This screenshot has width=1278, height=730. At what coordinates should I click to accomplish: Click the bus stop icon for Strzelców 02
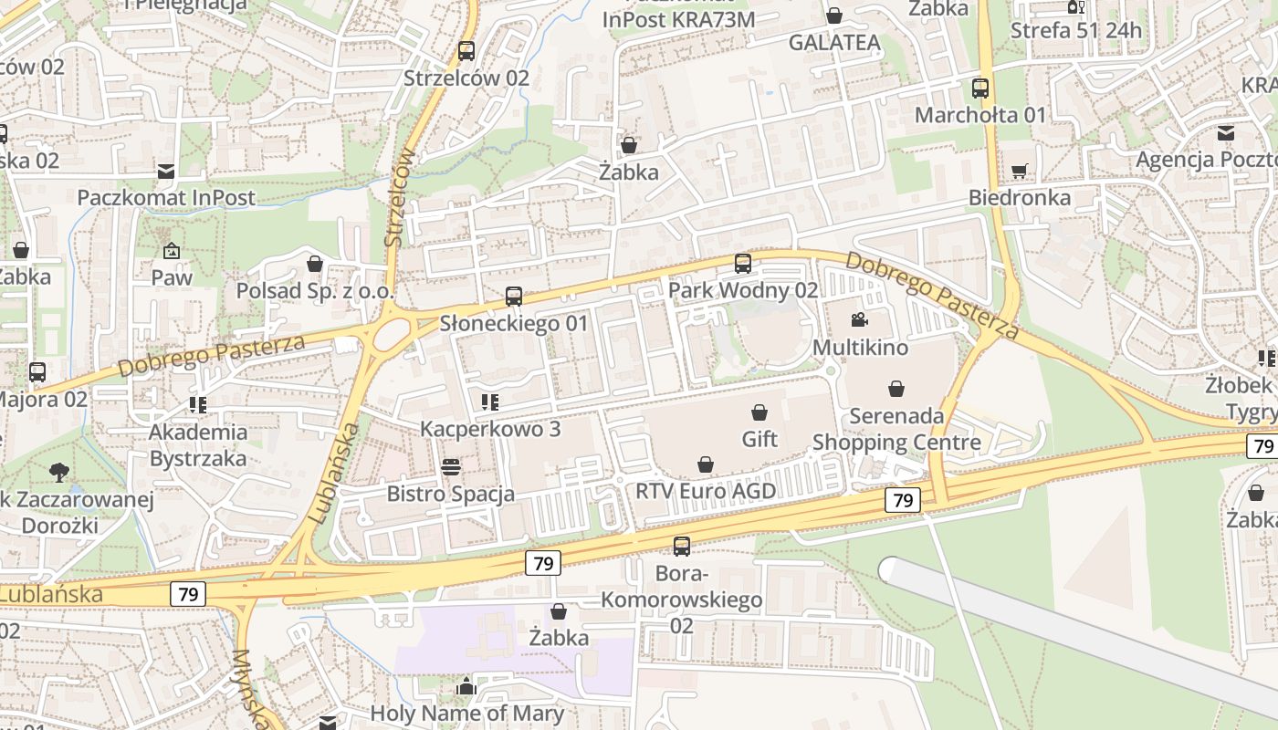(466, 51)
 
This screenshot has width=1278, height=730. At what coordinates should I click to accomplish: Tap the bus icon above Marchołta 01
(980, 89)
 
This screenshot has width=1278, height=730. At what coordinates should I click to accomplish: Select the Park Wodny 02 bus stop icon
(743, 264)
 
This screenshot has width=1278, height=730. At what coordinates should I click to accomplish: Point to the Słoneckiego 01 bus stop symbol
(514, 297)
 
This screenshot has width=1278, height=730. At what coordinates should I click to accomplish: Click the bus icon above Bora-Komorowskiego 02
(682, 547)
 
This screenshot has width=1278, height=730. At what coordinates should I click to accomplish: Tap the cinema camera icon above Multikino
(859, 319)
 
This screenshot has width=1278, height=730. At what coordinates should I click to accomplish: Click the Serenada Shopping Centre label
(896, 429)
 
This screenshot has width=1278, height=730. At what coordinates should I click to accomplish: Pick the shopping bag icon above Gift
(759, 412)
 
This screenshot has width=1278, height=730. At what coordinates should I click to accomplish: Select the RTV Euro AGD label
(706, 492)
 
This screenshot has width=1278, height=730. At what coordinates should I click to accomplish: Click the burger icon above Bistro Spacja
(451, 467)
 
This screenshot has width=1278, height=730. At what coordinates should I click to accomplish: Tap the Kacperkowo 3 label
(490, 429)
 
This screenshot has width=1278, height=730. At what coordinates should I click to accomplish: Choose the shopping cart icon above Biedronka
(1020, 171)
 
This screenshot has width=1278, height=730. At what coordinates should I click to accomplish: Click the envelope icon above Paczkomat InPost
(166, 171)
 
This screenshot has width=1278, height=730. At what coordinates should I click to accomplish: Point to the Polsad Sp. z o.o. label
(315, 291)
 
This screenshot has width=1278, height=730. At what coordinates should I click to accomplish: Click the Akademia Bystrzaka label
(198, 444)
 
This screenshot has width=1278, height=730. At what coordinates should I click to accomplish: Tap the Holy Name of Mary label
(466, 713)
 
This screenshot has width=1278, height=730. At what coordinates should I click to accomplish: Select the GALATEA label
(834, 43)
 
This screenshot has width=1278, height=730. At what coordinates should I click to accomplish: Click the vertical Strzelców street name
(400, 198)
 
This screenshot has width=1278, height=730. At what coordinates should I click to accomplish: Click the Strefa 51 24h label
(1075, 30)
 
